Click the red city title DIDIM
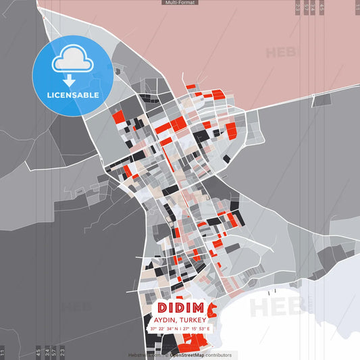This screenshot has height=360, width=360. pyautogui.click(x=179, y=307)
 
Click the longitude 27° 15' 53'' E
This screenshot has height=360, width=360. pyautogui.click(x=197, y=328)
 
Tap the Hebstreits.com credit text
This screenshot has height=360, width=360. pyautogui.click(x=143, y=355)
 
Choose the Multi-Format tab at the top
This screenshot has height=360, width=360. pyautogui.click(x=180, y=3)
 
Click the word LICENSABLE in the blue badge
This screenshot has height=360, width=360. pyautogui.click(x=73, y=95)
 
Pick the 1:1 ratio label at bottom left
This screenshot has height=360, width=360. pyautogui.click(x=3, y=352)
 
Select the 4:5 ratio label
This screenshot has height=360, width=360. pyautogui.click(x=38, y=352)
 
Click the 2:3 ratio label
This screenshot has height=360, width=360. pyautogui.click(x=62, y=352)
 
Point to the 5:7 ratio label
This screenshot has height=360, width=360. pyautogui.click(x=54, y=352)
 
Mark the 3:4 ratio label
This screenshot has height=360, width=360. pyautogui.click(x=46, y=352)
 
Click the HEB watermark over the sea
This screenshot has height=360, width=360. pyautogui.click(x=277, y=307)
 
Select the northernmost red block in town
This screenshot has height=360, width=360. pyautogui.click(x=191, y=86)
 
